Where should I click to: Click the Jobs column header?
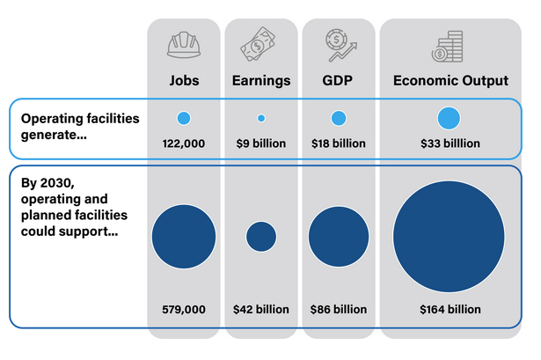[184, 81]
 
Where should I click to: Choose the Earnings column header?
[260, 81]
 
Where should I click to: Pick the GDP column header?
[339, 81]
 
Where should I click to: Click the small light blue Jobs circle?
[184, 118]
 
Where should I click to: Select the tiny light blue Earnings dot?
[261, 118]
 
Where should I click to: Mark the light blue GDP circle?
[339, 118]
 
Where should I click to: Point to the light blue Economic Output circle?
[449, 118]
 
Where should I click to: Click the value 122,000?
[184, 143]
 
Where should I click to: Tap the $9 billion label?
[260, 143]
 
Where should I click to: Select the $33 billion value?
[449, 143]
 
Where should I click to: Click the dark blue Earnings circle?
[261, 236]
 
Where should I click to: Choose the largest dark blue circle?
[449, 236]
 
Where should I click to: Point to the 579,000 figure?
[184, 309]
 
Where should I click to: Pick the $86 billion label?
[339, 309]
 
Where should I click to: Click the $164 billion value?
[449, 309]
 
